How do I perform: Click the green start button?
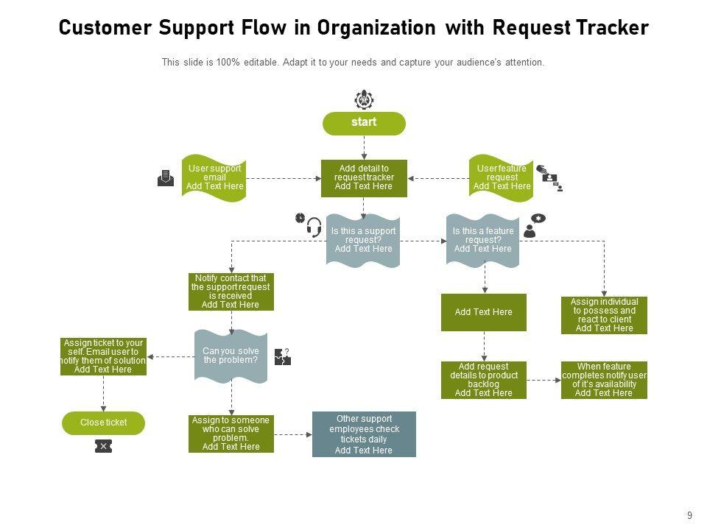(x=364, y=123)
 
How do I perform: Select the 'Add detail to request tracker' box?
(x=364, y=178)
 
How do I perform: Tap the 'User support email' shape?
(x=214, y=178)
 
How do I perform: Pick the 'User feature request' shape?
(x=502, y=178)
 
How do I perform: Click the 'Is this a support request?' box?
(x=363, y=240)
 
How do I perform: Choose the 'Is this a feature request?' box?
(x=482, y=240)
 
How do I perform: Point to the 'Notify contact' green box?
(x=231, y=291)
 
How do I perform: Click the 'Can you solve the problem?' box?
(x=231, y=356)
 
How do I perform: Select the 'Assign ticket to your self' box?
(x=103, y=356)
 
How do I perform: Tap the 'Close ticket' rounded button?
(x=103, y=423)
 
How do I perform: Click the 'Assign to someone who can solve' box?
(x=231, y=434)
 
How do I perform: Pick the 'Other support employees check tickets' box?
(x=364, y=434)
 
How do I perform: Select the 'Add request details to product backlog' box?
(x=483, y=380)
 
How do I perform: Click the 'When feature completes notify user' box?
(x=604, y=380)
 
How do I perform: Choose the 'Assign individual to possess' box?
(x=604, y=315)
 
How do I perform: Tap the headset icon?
(x=314, y=227)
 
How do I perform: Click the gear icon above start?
(x=364, y=99)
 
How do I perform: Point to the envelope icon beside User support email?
(x=166, y=178)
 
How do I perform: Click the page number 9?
(x=689, y=516)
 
